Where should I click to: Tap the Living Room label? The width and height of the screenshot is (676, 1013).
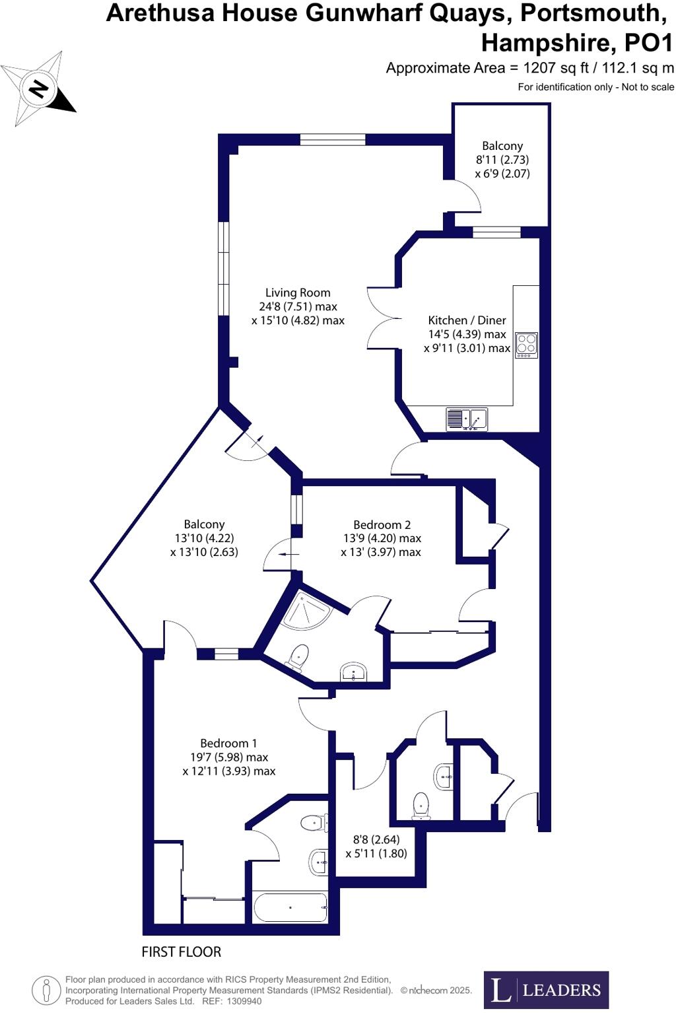pyautogui.click(x=298, y=293)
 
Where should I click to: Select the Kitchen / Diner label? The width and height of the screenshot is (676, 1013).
pyautogui.click(x=467, y=320)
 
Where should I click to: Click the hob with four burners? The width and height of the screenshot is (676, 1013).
pyautogui.click(x=526, y=345)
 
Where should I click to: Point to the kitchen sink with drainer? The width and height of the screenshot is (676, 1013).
pyautogui.click(x=467, y=419)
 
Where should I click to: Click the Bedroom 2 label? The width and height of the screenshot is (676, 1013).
pyautogui.click(x=382, y=524)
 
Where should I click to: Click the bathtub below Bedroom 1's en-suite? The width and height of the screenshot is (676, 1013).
pyautogui.click(x=290, y=907)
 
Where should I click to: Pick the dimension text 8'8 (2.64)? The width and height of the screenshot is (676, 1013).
pyautogui.click(x=376, y=840)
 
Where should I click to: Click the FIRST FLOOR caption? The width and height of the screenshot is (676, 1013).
pyautogui.click(x=182, y=952)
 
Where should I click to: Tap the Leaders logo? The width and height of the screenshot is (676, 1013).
pyautogui.click(x=546, y=990)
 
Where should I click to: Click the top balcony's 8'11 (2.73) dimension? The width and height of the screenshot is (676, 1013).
pyautogui.click(x=502, y=160)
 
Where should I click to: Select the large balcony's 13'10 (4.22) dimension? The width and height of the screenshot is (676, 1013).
pyautogui.click(x=204, y=538)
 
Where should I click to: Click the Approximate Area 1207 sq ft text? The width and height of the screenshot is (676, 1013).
pyautogui.click(x=529, y=67)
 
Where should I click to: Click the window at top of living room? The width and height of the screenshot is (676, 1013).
pyautogui.click(x=332, y=139)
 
